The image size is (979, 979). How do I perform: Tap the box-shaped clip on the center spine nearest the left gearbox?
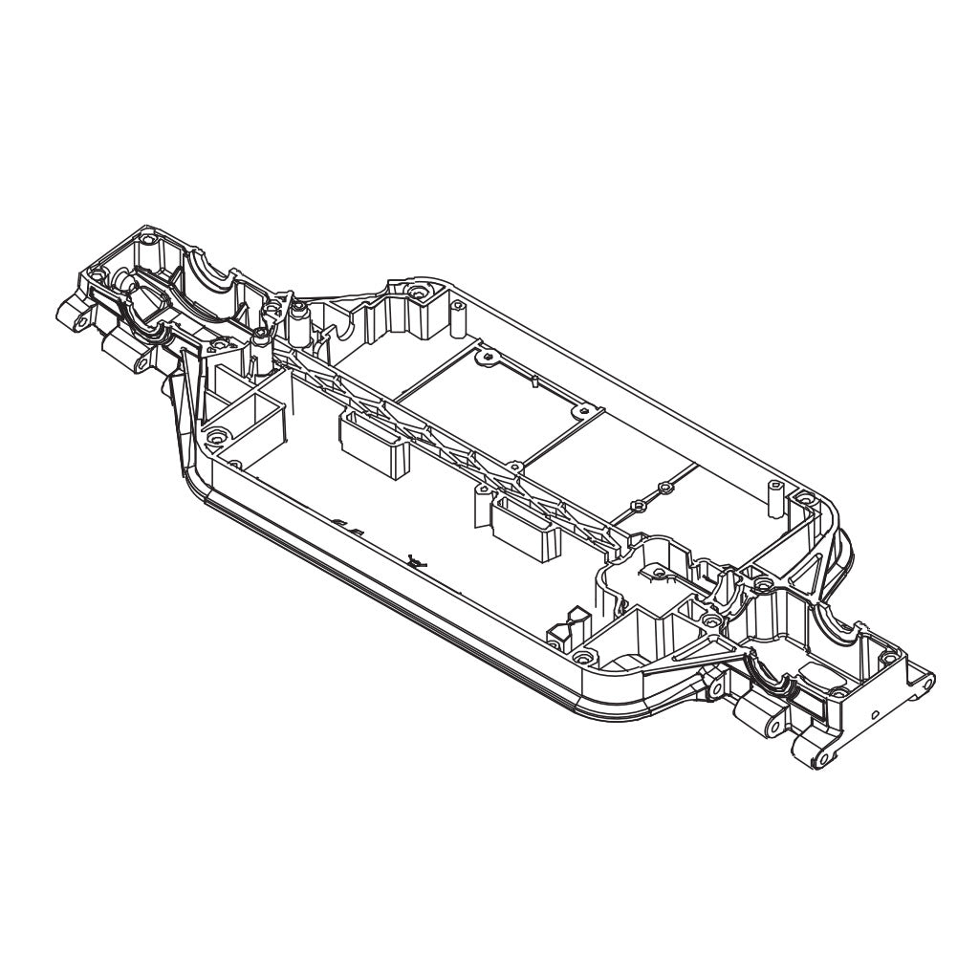click(x=373, y=445)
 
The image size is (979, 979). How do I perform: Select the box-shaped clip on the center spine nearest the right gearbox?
click(x=524, y=525)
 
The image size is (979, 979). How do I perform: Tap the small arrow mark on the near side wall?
click(x=414, y=561)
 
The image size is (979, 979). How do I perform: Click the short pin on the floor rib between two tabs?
click(x=533, y=381)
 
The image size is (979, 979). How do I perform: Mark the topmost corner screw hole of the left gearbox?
click(x=145, y=231)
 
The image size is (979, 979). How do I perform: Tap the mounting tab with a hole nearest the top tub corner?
click(x=489, y=359)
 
